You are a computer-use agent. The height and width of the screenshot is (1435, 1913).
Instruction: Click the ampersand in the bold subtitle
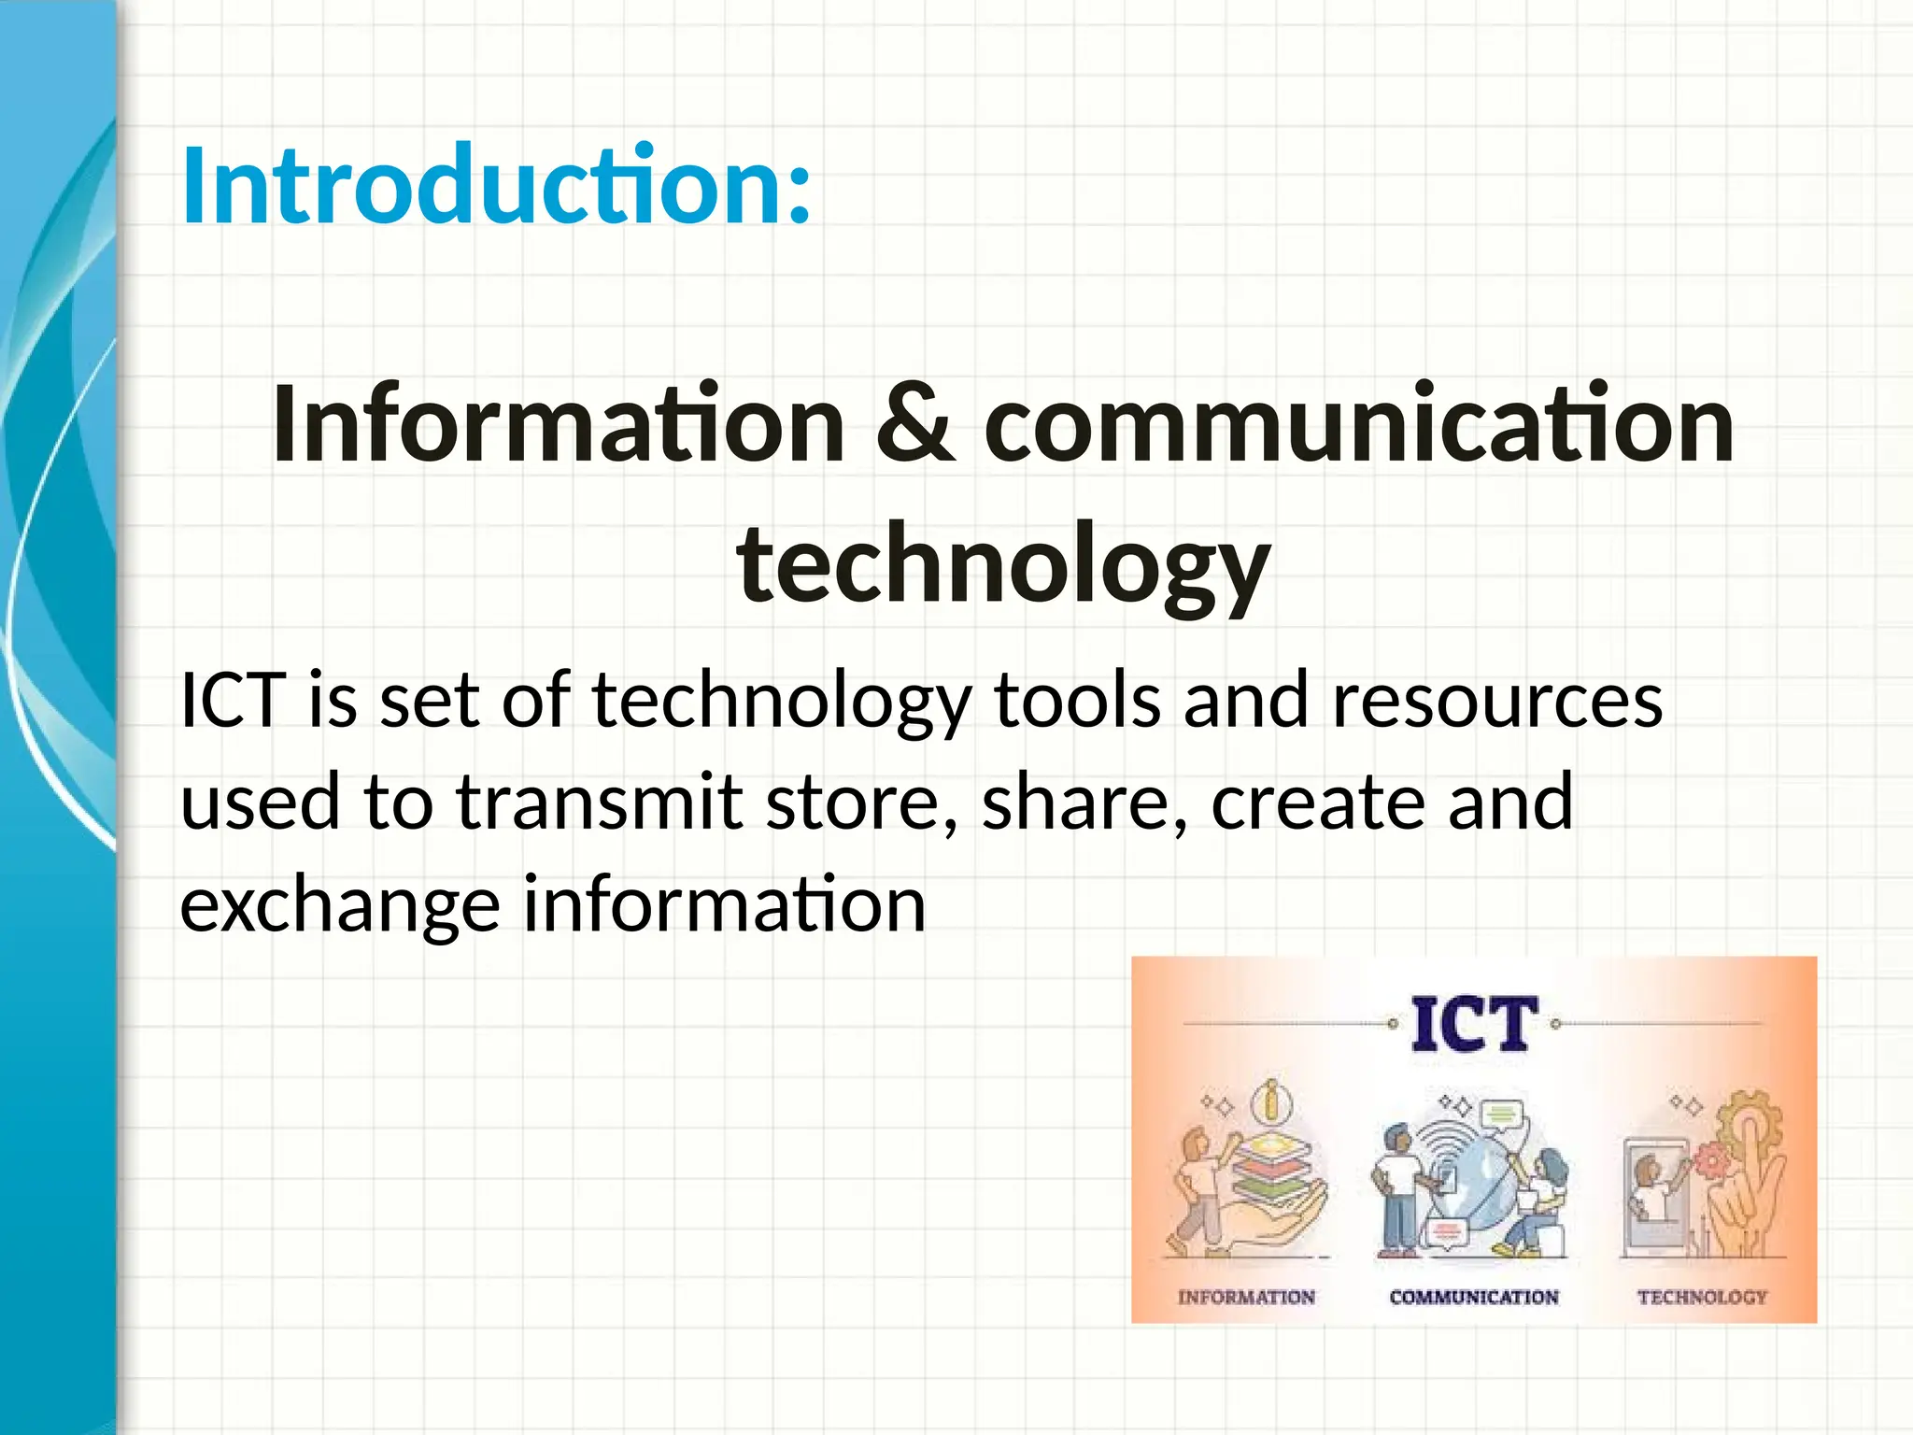click(x=914, y=424)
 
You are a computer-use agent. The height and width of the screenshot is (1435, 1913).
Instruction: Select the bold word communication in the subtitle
click(x=1359, y=424)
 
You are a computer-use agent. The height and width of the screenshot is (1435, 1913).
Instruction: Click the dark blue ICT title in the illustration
click(x=1474, y=1025)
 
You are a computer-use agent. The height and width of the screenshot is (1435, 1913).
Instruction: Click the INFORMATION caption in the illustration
click(x=1246, y=1297)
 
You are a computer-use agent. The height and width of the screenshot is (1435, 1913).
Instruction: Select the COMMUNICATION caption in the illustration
click(x=1474, y=1297)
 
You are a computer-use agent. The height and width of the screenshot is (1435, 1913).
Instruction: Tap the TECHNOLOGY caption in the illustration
click(x=1702, y=1297)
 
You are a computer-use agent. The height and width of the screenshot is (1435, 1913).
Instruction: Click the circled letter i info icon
click(x=1268, y=1103)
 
